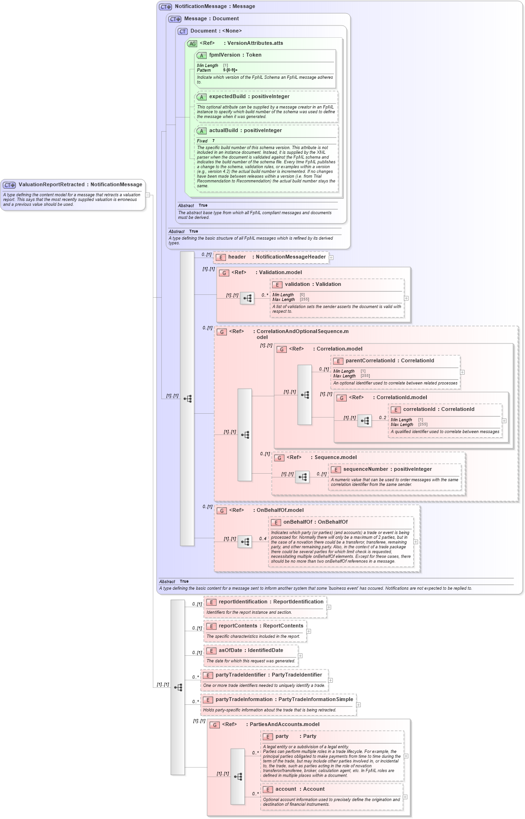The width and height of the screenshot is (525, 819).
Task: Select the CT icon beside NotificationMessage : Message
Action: [x=165, y=7]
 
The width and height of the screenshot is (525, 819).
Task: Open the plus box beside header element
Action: [x=331, y=258]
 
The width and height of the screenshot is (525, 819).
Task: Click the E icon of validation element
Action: [x=277, y=284]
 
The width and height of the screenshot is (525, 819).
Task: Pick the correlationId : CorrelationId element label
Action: [x=438, y=409]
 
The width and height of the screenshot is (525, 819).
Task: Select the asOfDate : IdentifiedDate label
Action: [x=250, y=651]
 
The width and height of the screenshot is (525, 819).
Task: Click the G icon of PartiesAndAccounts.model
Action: [x=215, y=725]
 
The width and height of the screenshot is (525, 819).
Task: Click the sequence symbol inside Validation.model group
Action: [x=247, y=298]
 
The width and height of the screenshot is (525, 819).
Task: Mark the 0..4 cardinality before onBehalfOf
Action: [x=262, y=539]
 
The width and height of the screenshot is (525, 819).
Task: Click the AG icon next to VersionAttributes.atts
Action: [x=192, y=43]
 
